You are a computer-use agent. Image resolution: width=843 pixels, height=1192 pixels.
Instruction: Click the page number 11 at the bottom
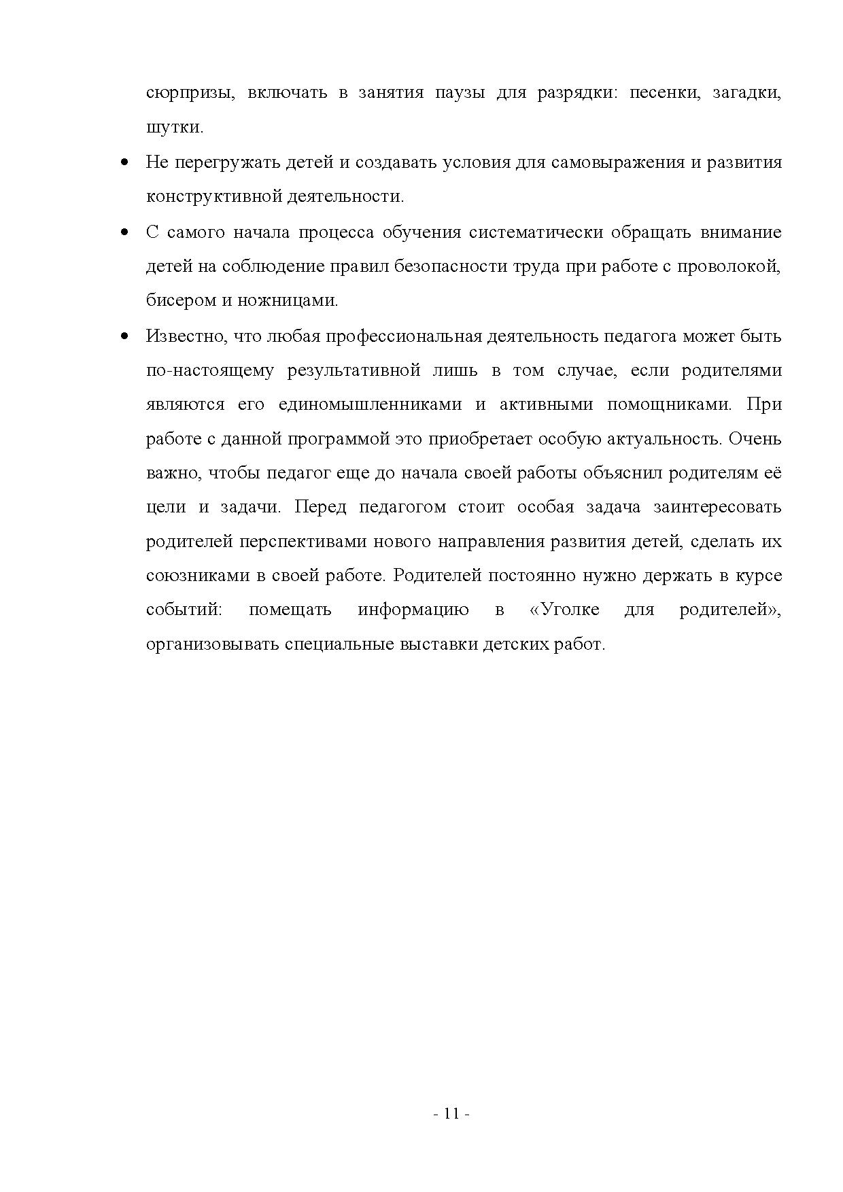451,1113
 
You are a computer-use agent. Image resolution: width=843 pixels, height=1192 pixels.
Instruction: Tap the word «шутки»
174,127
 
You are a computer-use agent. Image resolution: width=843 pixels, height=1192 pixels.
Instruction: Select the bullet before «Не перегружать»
124,162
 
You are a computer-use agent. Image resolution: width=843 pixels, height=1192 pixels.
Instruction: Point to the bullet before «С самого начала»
124,232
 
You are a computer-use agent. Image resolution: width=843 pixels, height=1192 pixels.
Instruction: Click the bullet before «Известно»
124,336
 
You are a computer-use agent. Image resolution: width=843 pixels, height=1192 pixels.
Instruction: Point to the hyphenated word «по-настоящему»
210,370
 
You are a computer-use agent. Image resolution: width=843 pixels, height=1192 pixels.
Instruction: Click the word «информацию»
413,610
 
